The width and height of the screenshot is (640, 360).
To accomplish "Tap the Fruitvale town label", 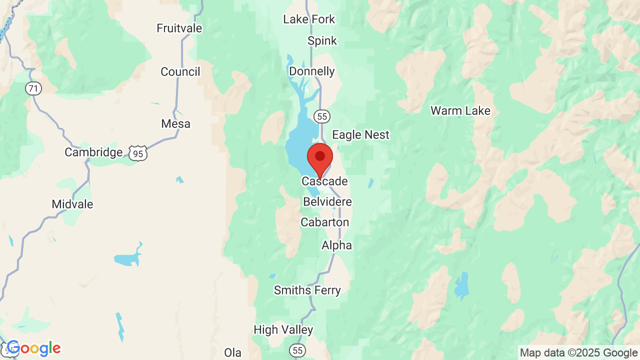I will [179, 28].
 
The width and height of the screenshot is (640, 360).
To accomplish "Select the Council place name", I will [180, 72].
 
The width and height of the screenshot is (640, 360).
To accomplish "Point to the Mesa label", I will [176, 123].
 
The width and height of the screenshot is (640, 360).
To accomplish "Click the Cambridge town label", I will [93, 152].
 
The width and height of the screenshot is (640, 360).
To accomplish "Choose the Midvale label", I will [72, 204].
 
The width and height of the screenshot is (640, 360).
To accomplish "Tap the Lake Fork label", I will [309, 19].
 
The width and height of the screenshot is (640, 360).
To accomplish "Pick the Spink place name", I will [322, 41].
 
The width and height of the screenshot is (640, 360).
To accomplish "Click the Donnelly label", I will [312, 71].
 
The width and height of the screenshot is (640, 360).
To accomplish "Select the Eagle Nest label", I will [360, 135].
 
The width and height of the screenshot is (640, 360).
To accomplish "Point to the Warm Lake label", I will [460, 111].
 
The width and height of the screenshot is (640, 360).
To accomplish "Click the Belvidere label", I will [327, 202].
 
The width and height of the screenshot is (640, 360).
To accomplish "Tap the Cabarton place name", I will [325, 222].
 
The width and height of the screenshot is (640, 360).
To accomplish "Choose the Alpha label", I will [336, 245].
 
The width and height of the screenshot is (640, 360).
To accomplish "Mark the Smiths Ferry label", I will [307, 290].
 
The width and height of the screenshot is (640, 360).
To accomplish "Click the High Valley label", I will [283, 330].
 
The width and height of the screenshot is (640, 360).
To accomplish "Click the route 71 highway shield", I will [33, 89].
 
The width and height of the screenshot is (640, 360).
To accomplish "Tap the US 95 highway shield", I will [138, 153].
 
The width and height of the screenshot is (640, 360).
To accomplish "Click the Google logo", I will [34, 348].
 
